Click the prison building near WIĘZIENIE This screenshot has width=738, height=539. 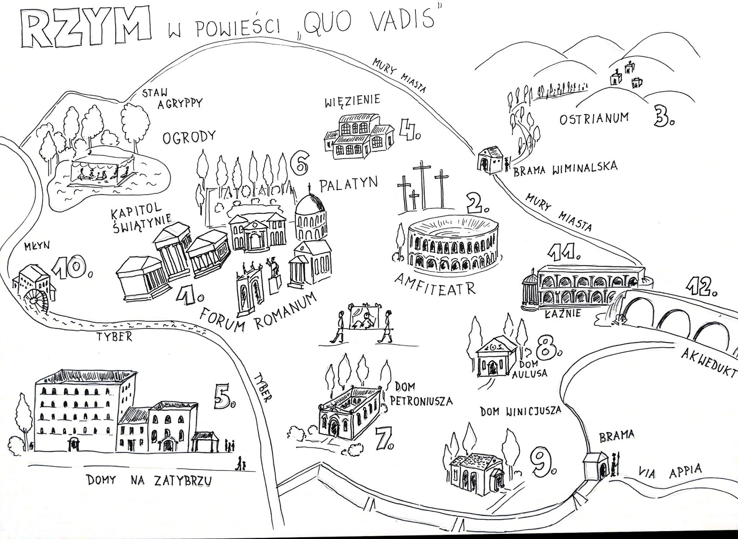coord(358,135)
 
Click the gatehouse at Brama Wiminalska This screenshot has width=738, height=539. coord(489,160)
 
